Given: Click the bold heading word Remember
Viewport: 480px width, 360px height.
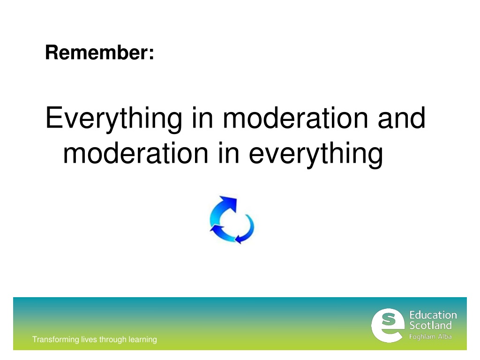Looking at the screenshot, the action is pyautogui.click(x=97, y=52).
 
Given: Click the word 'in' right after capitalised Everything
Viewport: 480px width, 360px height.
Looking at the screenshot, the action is pyautogui.click(x=202, y=117).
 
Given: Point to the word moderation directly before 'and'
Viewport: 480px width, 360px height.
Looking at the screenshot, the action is pyautogui.click(x=295, y=117).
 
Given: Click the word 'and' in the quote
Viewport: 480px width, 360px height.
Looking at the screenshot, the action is pyautogui.click(x=402, y=117).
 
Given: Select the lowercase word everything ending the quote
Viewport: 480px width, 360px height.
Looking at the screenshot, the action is pyautogui.click(x=315, y=155).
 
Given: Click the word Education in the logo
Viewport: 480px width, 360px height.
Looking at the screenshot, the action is pyautogui.click(x=433, y=315).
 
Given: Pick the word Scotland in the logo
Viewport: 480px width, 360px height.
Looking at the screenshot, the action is pyautogui.click(x=430, y=325).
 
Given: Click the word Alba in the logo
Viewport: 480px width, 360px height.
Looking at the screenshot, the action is pyautogui.click(x=445, y=337).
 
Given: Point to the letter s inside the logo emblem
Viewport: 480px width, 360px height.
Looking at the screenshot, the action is pyautogui.click(x=389, y=319).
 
